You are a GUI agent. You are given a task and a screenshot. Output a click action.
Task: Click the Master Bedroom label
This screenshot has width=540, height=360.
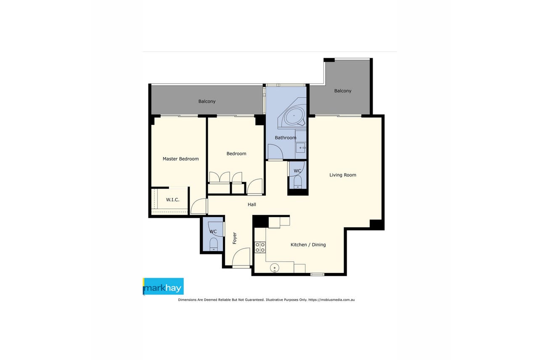(x=180, y=159)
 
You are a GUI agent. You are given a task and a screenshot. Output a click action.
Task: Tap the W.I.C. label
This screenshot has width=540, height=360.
(x=172, y=200)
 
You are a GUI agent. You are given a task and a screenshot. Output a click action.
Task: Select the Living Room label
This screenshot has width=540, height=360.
(x=343, y=175)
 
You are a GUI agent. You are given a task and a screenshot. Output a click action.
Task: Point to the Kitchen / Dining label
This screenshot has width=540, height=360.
(x=308, y=244)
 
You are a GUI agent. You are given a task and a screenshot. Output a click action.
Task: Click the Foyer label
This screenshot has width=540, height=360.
(x=235, y=238)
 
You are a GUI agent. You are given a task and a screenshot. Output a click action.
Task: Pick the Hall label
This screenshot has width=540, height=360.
(x=251, y=204)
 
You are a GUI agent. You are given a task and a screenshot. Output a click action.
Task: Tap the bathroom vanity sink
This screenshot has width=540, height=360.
(x=301, y=148)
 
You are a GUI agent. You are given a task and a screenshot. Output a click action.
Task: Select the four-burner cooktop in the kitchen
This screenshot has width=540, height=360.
(x=260, y=247)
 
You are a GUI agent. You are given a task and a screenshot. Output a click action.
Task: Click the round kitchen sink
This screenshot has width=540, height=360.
(x=274, y=267)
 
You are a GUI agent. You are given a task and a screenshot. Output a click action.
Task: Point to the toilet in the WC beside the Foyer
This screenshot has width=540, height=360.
(x=214, y=244)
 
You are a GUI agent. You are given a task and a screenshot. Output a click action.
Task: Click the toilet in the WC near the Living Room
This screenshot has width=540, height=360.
(x=298, y=182)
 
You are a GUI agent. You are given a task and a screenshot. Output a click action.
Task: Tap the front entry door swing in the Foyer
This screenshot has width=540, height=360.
(x=241, y=257)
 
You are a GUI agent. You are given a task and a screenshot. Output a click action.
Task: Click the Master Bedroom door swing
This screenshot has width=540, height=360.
(x=199, y=206)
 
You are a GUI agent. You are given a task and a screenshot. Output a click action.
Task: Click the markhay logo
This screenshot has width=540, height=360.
(x=163, y=286)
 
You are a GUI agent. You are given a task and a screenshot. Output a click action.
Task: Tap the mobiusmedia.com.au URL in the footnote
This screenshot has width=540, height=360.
(x=331, y=300)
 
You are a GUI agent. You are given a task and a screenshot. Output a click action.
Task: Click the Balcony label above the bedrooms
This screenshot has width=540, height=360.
(x=207, y=101)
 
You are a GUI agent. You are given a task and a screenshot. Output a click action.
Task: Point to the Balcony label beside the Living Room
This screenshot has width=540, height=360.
(x=343, y=91)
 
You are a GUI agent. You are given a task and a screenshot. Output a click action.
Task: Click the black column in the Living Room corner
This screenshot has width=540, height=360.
(x=376, y=224)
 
